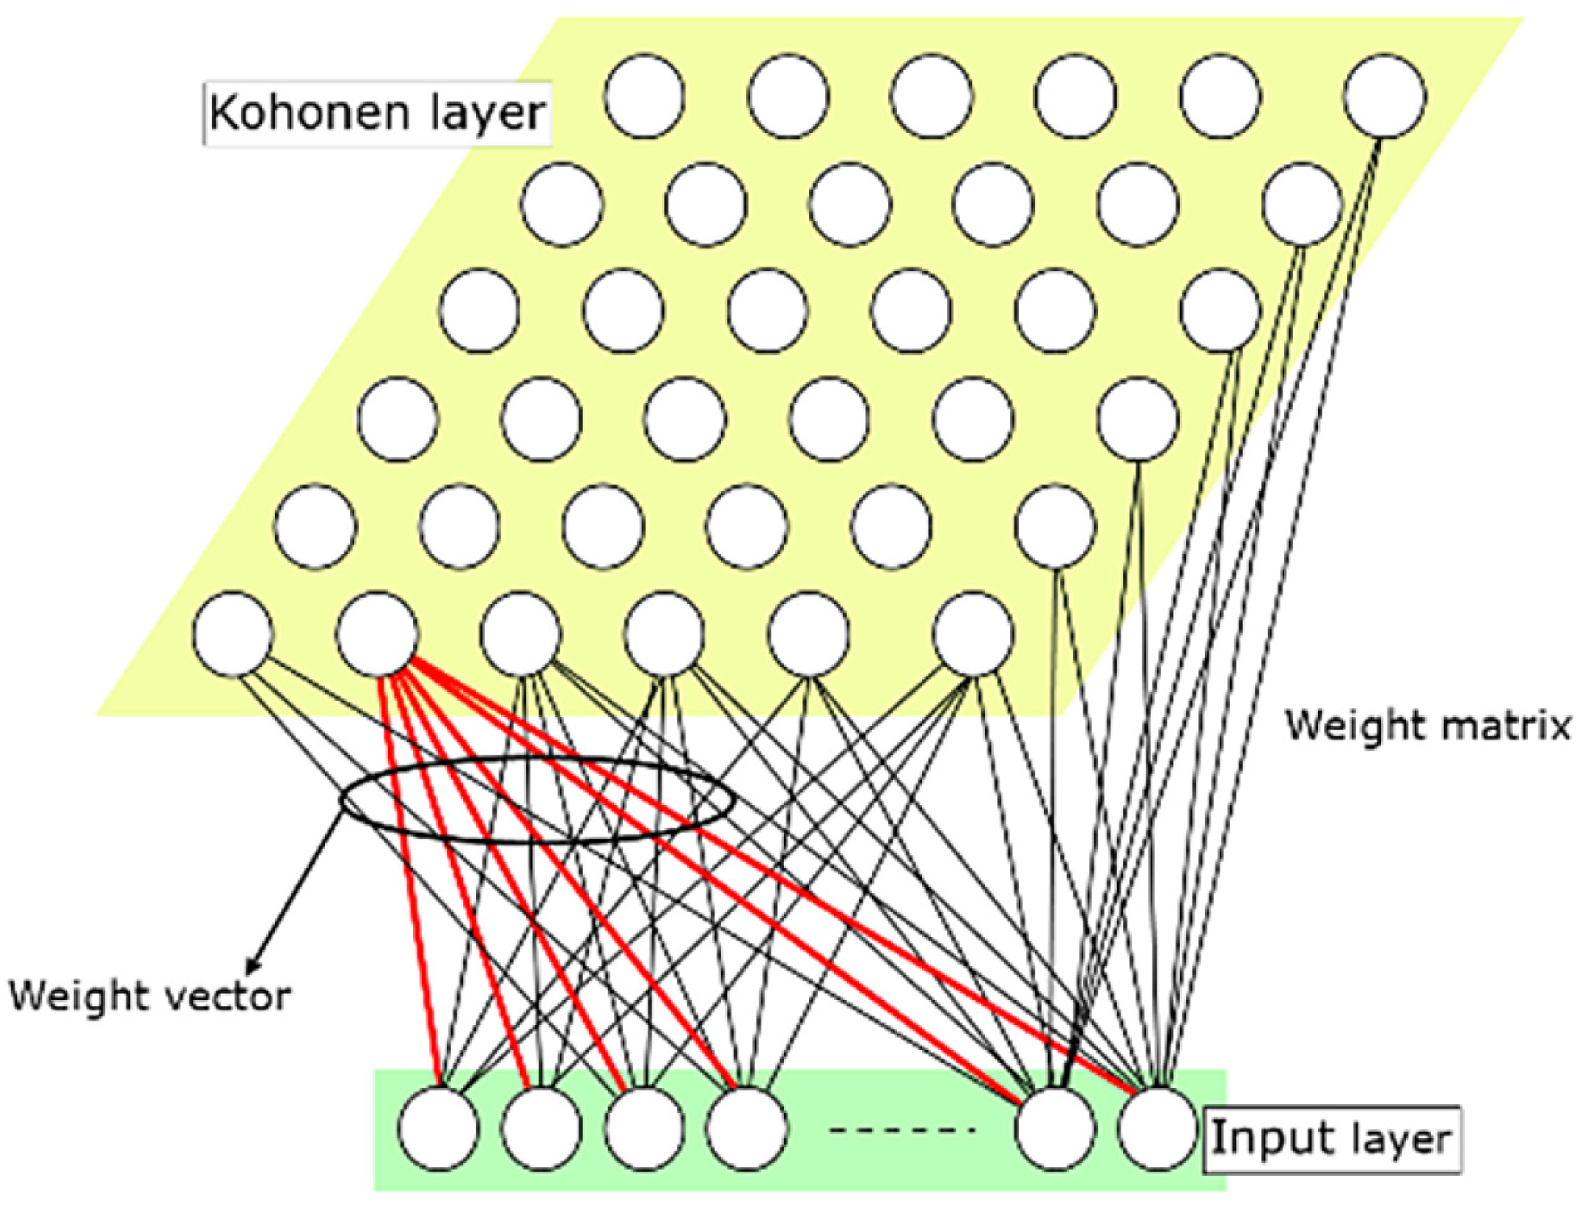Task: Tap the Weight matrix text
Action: point(1427,726)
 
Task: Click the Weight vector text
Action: point(150,996)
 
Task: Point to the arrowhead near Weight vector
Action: point(253,967)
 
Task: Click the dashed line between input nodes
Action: point(903,1130)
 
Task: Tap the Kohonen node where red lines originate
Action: point(377,634)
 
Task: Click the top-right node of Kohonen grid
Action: point(1384,97)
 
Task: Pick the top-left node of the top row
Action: point(644,97)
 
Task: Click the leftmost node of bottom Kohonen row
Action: point(233,634)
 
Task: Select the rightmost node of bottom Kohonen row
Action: point(973,634)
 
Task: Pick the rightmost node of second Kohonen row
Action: point(1302,205)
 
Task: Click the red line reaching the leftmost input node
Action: point(411,886)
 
